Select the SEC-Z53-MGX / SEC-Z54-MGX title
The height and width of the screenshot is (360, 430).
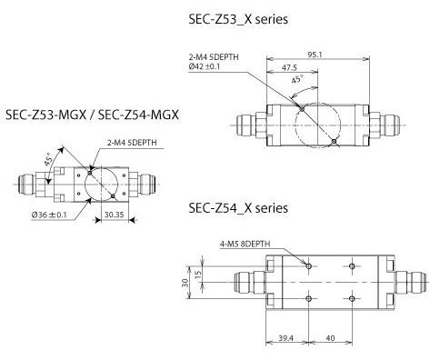93,115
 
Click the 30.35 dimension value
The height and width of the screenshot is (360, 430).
115,215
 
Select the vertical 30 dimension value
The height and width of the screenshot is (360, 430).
185,284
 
